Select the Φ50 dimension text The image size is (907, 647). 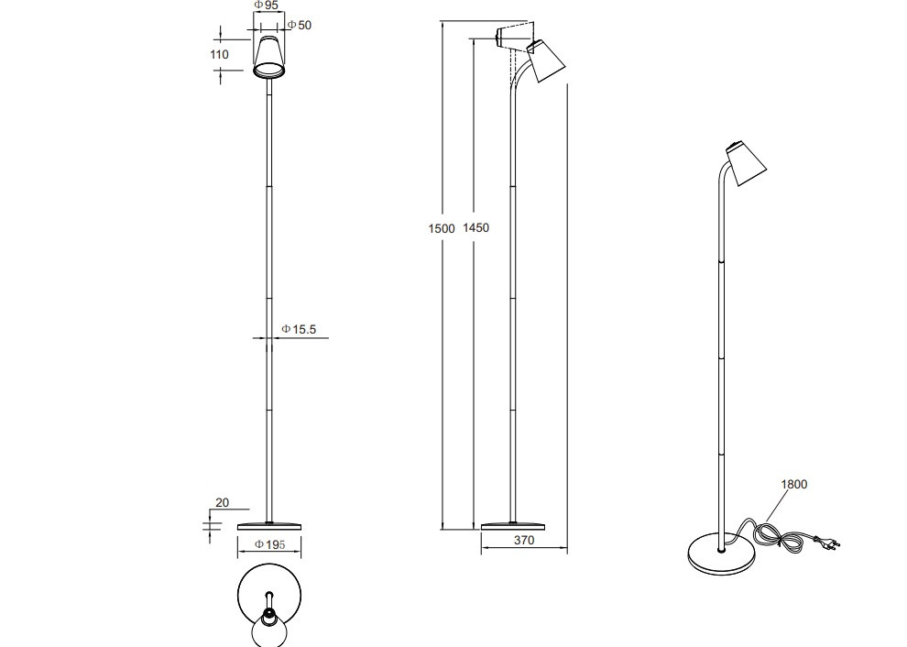[299, 25]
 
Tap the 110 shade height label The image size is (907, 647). [219, 55]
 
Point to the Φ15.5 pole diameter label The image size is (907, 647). [299, 328]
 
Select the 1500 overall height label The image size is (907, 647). [442, 228]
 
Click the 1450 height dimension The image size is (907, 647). [476, 228]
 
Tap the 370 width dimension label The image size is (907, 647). [523, 541]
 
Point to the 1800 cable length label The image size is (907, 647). [793, 485]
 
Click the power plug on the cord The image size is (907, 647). [830, 544]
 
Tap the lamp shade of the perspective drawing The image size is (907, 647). [746, 163]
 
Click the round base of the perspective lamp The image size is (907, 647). [721, 554]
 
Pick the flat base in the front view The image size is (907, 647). [269, 525]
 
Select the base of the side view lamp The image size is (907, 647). [514, 525]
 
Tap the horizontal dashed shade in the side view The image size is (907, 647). [514, 38]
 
